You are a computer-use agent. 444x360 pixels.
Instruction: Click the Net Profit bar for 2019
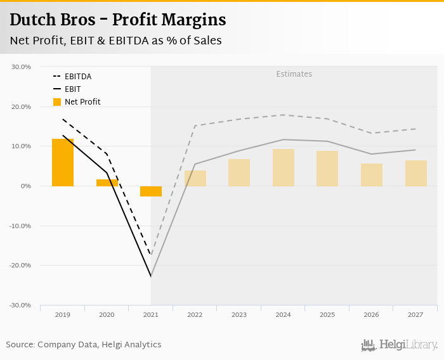[63, 162]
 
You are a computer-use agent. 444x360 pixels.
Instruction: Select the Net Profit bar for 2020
[107, 183]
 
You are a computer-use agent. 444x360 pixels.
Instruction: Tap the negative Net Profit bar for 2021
[151, 191]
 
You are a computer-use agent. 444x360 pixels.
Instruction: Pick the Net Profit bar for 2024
[283, 167]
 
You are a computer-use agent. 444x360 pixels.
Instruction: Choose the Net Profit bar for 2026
[371, 175]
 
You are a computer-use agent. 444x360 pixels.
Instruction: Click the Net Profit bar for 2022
[195, 178]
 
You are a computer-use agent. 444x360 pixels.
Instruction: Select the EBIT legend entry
[72, 89]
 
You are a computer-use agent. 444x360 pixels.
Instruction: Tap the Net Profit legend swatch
[56, 102]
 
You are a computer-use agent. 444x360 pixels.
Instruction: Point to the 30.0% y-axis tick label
[21, 67]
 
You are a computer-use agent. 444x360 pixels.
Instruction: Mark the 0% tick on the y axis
[25, 186]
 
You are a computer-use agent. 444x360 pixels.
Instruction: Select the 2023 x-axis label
[239, 314]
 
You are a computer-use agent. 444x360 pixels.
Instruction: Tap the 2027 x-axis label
[415, 314]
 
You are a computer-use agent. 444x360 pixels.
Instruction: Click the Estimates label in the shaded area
[294, 74]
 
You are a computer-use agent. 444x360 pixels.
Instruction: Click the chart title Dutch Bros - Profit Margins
[118, 20]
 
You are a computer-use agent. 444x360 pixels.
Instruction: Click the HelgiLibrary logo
[400, 345]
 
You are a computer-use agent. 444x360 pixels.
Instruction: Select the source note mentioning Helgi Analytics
[84, 345]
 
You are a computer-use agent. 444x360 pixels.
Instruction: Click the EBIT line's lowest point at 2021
[151, 276]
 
